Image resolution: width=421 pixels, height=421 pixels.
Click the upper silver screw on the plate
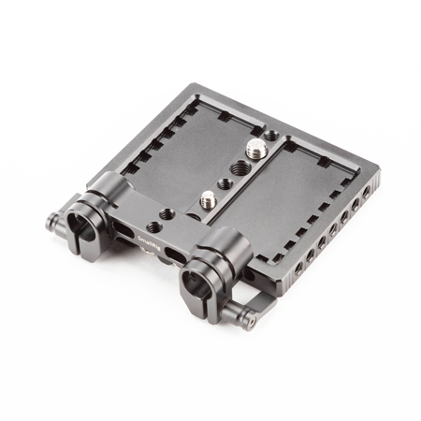[x=254, y=148]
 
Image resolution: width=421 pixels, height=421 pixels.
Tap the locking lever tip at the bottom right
[x=250, y=322]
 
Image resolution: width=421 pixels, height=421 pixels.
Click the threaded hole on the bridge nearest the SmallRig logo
[x=166, y=214]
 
